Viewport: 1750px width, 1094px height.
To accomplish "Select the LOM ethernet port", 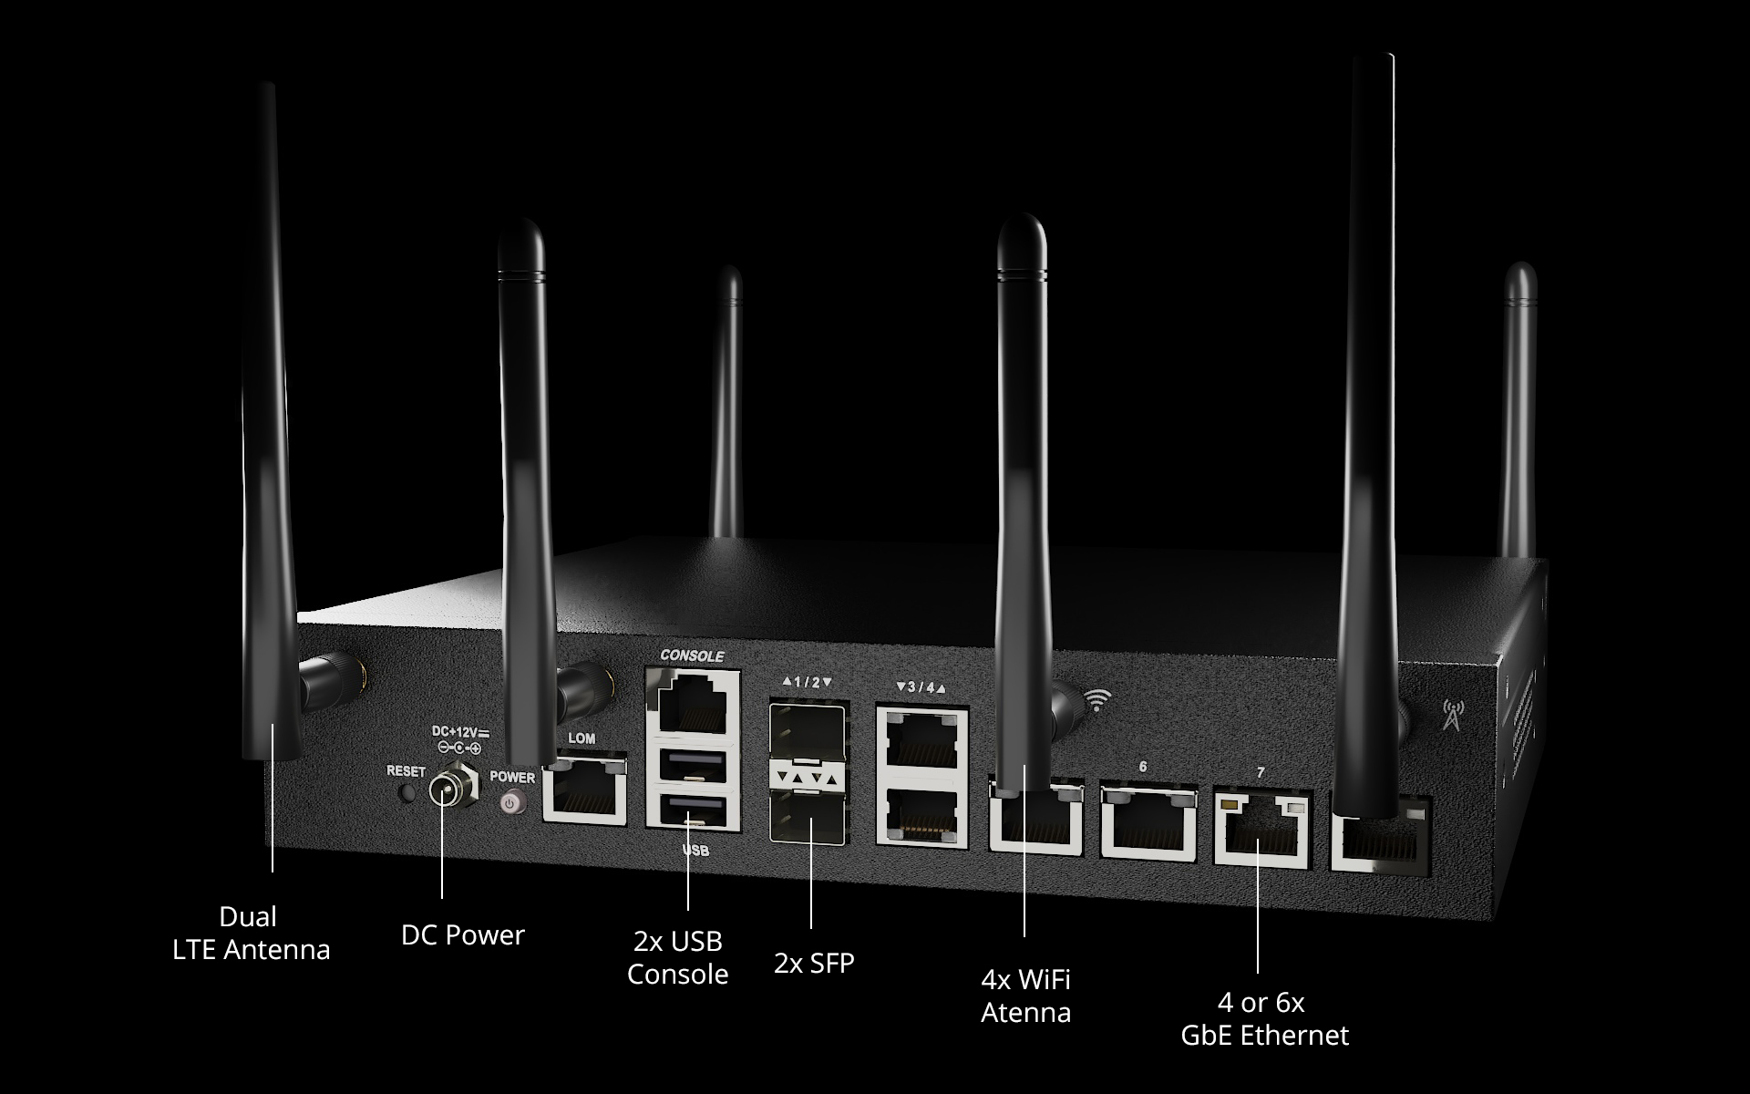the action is coord(584,790).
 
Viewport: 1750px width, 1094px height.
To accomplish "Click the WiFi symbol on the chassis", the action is coord(1098,700).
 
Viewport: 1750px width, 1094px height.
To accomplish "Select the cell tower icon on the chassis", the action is coord(1452,716).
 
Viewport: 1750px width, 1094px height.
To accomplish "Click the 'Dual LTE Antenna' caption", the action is coord(251,933).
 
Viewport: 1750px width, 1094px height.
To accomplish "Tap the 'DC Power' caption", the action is coord(463,934).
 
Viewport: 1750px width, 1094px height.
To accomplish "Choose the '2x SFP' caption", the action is coord(814,962).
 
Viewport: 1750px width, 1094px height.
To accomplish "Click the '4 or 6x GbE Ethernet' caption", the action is coord(1264,1019).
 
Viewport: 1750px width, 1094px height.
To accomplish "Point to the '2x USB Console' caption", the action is coord(677,957).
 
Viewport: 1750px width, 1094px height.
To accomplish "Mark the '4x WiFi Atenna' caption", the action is coord(1025,996).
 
